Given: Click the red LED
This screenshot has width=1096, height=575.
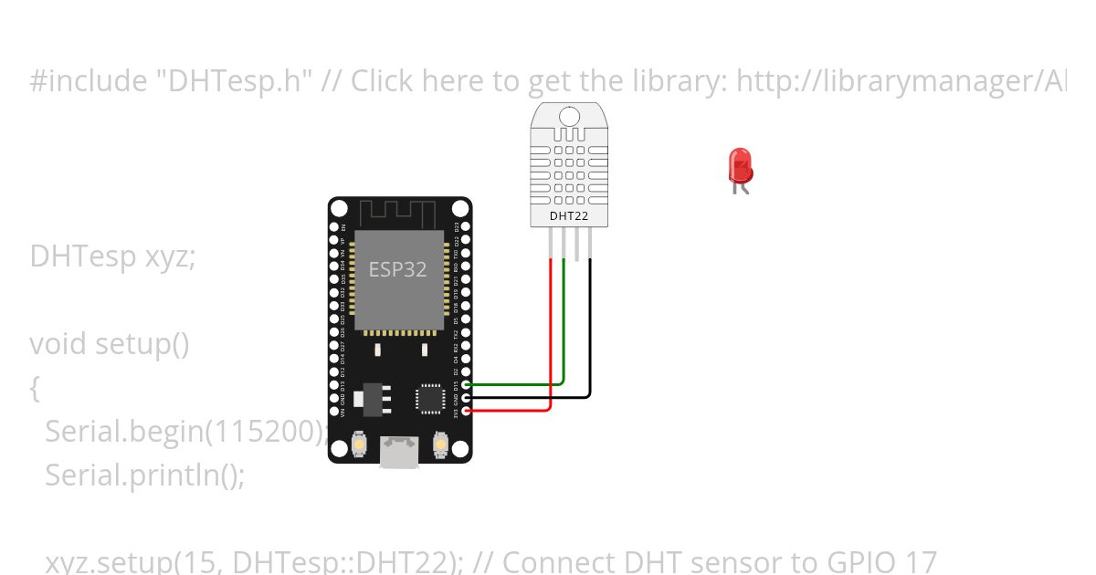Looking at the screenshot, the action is tap(740, 166).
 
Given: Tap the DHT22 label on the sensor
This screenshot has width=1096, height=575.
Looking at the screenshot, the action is tap(570, 216).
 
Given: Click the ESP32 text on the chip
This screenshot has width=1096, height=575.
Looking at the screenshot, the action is tap(397, 269).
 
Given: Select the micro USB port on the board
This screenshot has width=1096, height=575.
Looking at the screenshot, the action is tap(400, 451).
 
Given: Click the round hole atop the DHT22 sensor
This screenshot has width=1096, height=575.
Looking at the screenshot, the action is tap(569, 117).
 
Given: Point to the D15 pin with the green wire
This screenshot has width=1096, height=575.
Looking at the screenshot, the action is tap(467, 385).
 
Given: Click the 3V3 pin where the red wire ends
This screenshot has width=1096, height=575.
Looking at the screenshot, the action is tap(467, 411).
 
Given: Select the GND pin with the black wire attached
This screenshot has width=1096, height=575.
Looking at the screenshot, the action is tap(467, 397).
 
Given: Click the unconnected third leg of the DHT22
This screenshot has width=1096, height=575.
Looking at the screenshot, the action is tap(577, 242).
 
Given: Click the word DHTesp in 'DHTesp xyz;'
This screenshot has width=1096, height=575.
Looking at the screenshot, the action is tap(84, 257).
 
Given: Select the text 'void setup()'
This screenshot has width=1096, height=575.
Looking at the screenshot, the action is tap(109, 344).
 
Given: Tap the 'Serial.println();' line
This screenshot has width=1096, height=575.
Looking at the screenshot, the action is tap(145, 476).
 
